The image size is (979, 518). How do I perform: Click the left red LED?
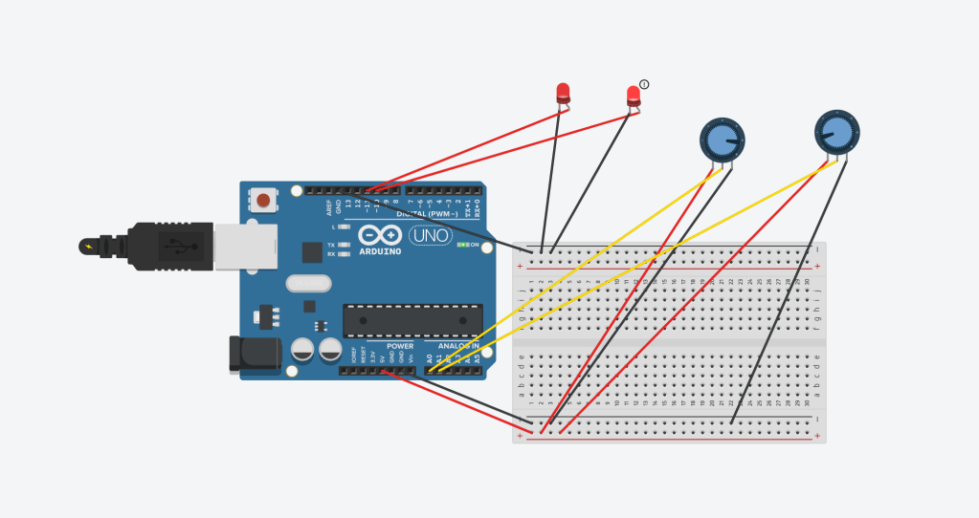563,93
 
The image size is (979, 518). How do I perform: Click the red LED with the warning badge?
633,95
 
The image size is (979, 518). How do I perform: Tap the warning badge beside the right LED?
644,84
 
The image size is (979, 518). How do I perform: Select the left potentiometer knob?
722,140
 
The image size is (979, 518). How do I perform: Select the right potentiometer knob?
836,132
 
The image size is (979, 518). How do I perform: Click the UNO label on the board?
430,235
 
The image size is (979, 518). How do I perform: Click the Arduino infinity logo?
381,235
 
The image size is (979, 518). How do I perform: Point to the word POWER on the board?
400,346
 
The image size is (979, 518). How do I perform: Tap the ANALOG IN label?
460,346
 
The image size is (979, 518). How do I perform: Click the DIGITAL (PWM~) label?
421,213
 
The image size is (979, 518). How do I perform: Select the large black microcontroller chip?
412,320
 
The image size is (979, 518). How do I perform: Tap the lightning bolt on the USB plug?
90,247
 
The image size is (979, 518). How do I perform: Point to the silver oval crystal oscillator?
308,283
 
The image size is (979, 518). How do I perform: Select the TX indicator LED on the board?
343,245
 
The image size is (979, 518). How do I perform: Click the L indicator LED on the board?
343,227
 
